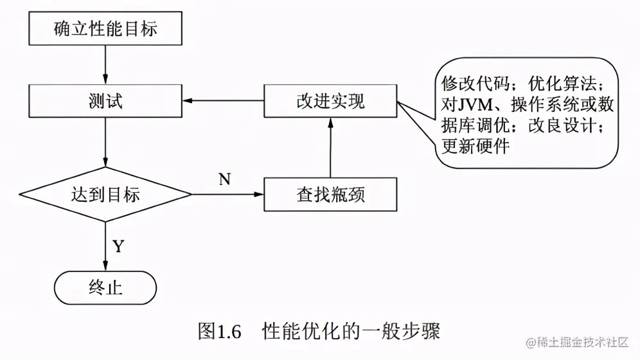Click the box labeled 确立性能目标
point(105,29)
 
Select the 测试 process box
point(105,101)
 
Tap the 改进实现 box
point(330,101)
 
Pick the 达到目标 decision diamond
point(105,194)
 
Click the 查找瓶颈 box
point(330,194)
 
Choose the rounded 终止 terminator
point(105,287)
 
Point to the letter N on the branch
point(224,179)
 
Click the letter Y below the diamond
point(119,246)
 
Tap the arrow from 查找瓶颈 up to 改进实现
point(330,148)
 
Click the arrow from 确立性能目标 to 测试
point(105,64)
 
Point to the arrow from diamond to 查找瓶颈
point(228,194)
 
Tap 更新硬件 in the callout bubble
point(476,147)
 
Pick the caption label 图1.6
point(218,332)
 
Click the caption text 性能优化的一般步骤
point(351,332)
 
